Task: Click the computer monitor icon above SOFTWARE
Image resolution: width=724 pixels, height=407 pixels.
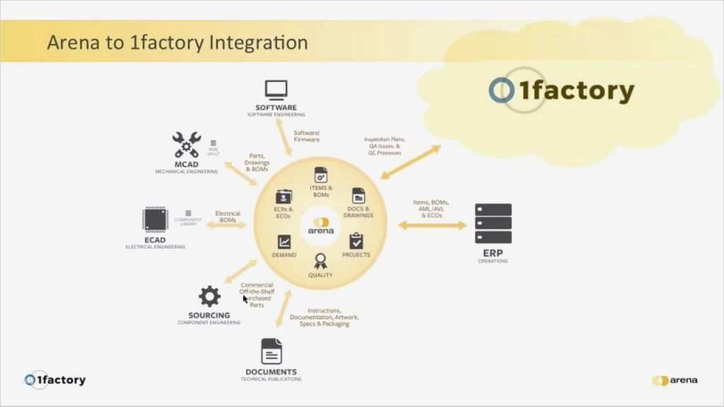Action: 276,90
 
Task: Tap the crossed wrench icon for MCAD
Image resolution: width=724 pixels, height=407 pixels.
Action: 187,145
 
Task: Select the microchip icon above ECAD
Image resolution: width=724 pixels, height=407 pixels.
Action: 155,220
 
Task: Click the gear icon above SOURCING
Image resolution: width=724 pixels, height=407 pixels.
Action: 209,296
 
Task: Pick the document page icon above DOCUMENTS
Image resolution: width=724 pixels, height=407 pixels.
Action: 271,351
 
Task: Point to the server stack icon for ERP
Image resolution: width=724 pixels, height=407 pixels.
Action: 493,223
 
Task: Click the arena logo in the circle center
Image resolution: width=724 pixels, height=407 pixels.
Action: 321,226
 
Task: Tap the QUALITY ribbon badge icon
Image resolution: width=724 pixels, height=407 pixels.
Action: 320,261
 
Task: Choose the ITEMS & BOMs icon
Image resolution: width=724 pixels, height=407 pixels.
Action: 321,175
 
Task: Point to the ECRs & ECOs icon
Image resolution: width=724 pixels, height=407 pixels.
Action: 284,196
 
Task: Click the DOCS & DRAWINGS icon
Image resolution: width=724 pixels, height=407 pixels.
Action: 358,196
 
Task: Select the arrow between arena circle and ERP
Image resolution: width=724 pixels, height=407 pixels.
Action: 433,225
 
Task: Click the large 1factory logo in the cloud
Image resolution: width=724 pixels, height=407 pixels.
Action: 561,90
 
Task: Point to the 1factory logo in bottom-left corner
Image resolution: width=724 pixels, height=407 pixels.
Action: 55,380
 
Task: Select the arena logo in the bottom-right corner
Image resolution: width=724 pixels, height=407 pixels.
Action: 675,380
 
